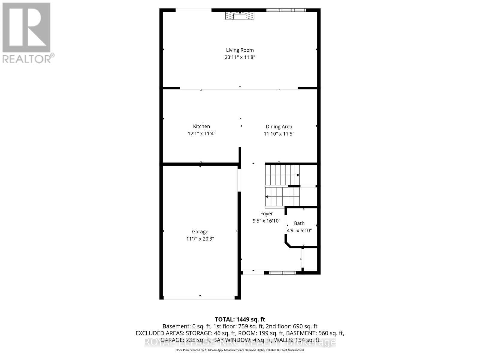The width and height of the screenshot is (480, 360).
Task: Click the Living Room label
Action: pos(240,50)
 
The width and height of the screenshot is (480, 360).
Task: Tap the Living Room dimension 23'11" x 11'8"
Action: pos(240,57)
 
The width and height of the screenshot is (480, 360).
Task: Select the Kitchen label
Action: pos(201,126)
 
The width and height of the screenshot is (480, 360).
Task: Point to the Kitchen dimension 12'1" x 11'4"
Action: pos(201,133)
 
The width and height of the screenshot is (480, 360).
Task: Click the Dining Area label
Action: pos(279,127)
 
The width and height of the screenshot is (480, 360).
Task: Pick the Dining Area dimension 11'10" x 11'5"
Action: pos(279,134)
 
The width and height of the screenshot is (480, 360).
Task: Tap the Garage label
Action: pos(200,232)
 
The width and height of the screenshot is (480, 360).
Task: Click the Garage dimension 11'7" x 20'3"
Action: pos(200,239)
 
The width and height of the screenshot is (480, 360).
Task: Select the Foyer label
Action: pos(266,214)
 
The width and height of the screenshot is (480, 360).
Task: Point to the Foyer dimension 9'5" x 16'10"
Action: pos(266,221)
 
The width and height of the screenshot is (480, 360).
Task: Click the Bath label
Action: pos(299,223)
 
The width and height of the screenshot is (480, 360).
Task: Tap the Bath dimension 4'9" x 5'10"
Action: pos(299,230)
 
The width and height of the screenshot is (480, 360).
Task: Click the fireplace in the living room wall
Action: pos(240,16)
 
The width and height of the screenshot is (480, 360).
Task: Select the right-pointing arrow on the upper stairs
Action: pos(298,175)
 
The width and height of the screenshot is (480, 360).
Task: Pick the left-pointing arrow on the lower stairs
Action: pos(267,197)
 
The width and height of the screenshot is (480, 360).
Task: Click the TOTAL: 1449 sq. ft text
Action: pos(240,319)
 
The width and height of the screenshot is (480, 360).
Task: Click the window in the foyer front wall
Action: pos(282,273)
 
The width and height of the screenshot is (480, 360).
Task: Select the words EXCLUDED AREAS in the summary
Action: pos(159,333)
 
